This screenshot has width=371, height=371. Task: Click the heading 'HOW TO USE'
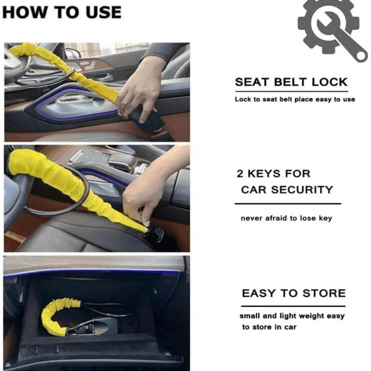[x=62, y=13]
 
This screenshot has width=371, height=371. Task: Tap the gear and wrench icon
[x=331, y=30]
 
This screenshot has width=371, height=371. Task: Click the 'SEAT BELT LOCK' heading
[x=291, y=82]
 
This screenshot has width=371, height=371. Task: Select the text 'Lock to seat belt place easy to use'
[x=295, y=99]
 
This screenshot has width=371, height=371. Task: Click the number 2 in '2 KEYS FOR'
[x=240, y=173]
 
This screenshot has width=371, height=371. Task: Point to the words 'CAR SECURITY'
[x=287, y=190]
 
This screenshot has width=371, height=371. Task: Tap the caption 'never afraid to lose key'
[x=286, y=218]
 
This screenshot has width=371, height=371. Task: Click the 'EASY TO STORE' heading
[x=294, y=294]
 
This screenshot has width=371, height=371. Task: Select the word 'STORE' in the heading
[x=324, y=294]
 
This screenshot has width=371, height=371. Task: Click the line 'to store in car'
[x=269, y=327]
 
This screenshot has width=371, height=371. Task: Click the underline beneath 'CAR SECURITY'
[x=288, y=204]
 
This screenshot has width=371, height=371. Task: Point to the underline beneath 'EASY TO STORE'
[x=293, y=306]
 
